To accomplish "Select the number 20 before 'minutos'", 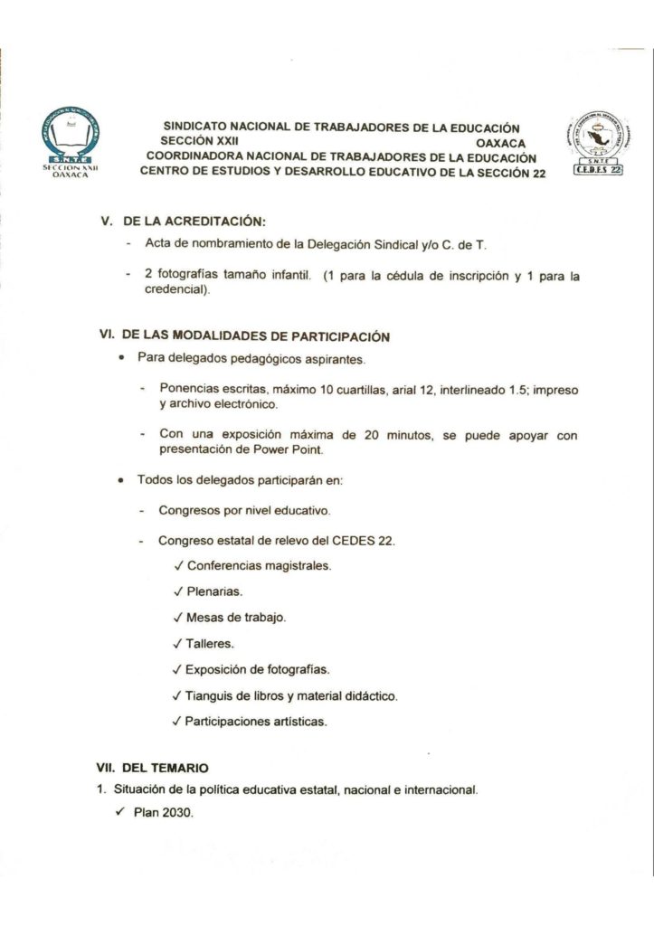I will pyautogui.click(x=372, y=435).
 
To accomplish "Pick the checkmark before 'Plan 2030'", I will pyautogui.click(x=120, y=813).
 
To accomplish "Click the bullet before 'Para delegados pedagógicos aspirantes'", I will pyautogui.click(x=121, y=358).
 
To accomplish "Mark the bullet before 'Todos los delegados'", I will pyautogui.click(x=121, y=480).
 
